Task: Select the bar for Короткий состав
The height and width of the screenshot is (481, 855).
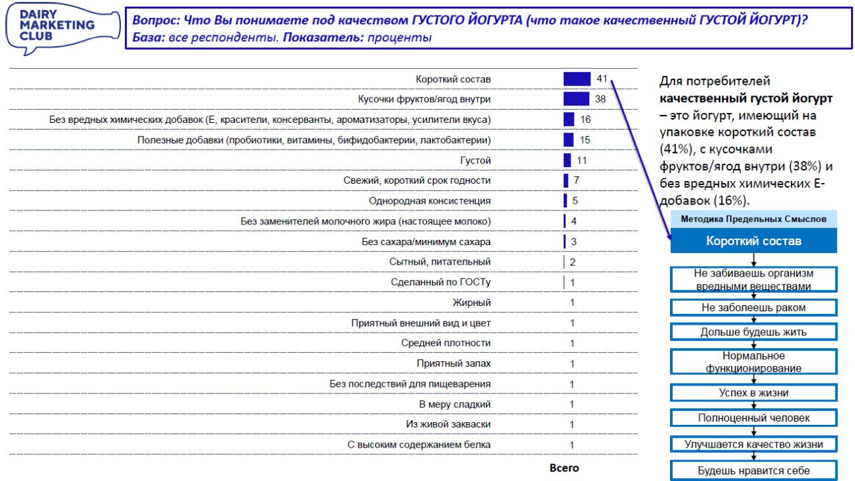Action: point(577,79)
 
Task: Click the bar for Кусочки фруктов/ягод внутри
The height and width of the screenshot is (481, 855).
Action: point(576,99)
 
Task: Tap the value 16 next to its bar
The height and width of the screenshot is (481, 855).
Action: point(586,120)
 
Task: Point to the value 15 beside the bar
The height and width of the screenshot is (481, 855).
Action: point(585,140)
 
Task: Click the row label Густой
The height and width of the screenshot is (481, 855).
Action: point(476,160)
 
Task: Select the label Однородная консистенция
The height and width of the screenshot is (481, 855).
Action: point(430,201)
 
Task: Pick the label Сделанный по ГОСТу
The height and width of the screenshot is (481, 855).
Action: point(441,282)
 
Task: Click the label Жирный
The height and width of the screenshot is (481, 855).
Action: point(472,303)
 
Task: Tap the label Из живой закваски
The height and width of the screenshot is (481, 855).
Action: point(448,424)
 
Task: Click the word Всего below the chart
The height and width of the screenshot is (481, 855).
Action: point(564,468)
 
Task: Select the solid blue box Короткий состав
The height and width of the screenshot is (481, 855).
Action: point(753,241)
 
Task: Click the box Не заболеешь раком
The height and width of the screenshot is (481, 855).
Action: point(753,308)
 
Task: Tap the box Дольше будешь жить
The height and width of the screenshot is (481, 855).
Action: point(753,332)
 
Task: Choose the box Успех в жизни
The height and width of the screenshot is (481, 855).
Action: point(753,393)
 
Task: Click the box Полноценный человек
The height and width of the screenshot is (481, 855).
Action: point(753,418)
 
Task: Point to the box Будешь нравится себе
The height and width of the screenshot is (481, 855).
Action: point(753,470)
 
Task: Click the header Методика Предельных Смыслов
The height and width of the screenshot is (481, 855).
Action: point(753,218)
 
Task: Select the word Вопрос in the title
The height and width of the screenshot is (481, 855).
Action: point(153,20)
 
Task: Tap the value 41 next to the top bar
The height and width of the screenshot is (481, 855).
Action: point(602,79)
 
